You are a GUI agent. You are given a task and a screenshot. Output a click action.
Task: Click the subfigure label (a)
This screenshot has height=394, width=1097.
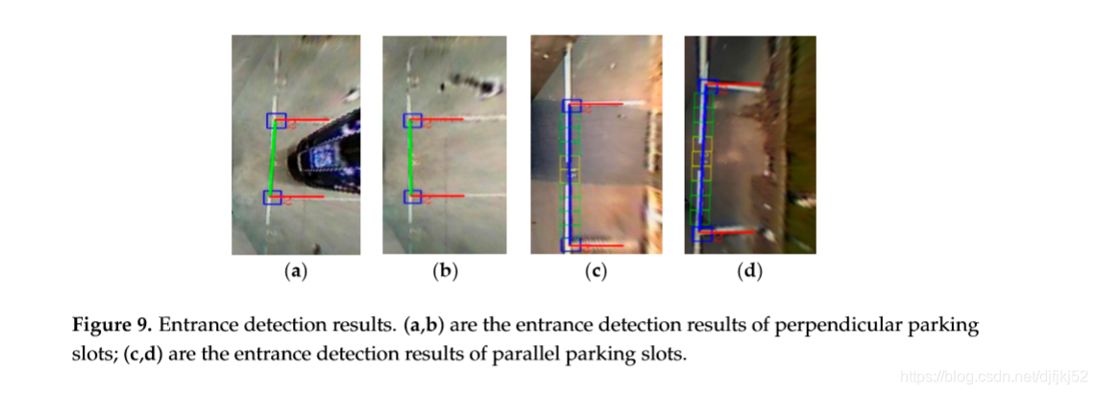point(296,272)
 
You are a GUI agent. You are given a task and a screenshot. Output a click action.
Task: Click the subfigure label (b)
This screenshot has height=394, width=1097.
point(445,272)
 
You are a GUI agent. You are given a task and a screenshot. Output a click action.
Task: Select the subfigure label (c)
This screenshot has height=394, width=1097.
point(597,272)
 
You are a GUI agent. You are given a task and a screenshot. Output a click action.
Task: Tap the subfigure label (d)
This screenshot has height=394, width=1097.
point(749,272)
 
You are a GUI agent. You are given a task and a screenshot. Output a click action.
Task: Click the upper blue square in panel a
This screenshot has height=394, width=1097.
point(277,120)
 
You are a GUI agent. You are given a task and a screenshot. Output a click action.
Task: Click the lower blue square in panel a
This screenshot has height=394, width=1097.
point(273,198)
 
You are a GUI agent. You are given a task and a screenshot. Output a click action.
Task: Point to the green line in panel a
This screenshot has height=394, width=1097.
point(275,160)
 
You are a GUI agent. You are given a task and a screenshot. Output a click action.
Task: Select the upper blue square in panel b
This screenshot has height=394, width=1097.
point(413,120)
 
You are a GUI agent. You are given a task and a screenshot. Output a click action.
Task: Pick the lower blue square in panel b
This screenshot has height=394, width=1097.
point(413,197)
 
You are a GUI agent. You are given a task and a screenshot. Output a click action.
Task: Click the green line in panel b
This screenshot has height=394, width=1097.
point(413,159)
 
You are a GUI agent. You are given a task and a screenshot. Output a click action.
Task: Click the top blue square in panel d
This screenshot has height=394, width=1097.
point(708,87)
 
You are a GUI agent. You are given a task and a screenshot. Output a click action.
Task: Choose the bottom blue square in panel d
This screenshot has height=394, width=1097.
point(702,234)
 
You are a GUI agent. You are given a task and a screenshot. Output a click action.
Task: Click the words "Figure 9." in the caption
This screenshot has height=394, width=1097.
point(108,326)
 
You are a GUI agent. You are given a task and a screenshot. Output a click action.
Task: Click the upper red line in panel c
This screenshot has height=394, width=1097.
point(611,104)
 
